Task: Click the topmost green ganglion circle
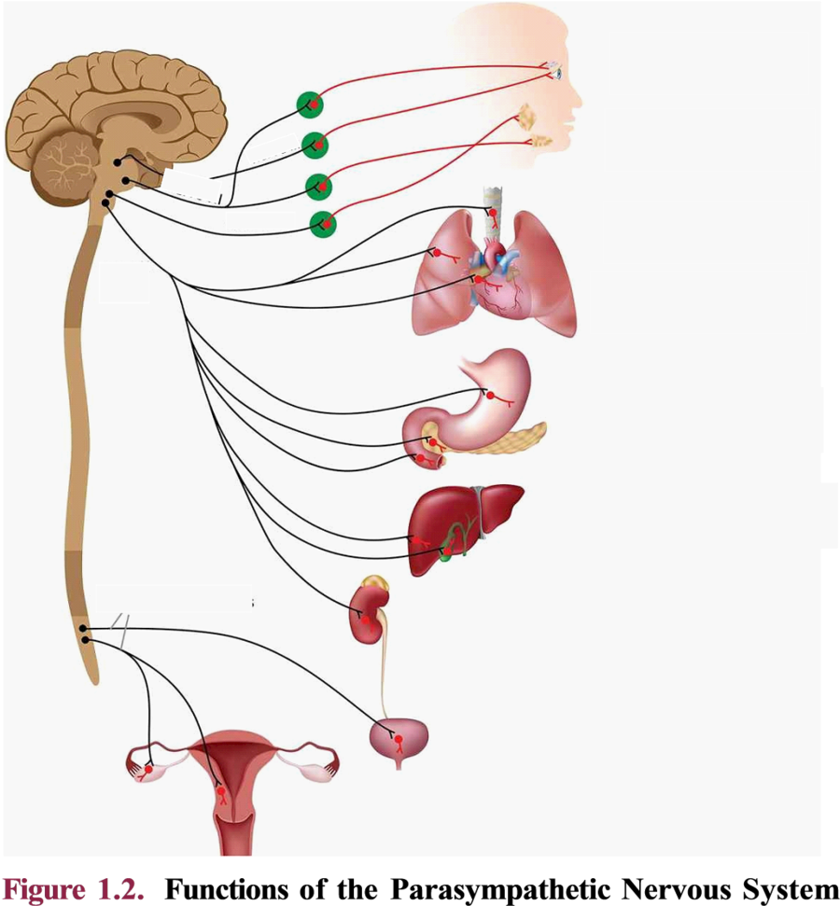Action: [x=310, y=105]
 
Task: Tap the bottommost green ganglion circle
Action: [x=323, y=224]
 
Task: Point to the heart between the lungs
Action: [x=498, y=283]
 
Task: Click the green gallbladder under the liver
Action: [x=446, y=556]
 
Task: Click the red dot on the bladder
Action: [x=399, y=739]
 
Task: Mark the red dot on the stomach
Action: [x=490, y=396]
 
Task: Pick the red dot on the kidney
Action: [x=365, y=620]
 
